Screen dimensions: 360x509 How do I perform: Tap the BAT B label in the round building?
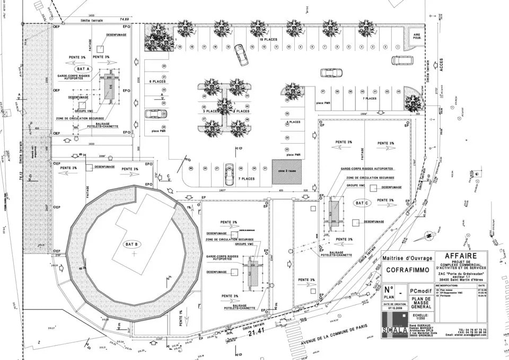point(131,244)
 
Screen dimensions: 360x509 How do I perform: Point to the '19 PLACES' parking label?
point(269,40)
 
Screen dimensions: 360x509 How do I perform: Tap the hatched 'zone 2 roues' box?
point(287,172)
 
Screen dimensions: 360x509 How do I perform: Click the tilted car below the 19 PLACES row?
point(241,55)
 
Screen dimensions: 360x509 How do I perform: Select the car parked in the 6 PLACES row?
point(155,113)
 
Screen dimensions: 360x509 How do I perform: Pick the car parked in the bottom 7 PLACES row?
point(229,174)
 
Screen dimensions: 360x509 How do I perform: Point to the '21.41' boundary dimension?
point(257,331)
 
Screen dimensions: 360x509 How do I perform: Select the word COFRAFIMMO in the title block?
point(407,270)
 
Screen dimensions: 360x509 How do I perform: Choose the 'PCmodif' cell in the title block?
point(421,290)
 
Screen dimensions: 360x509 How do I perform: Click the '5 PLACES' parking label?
point(293,122)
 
